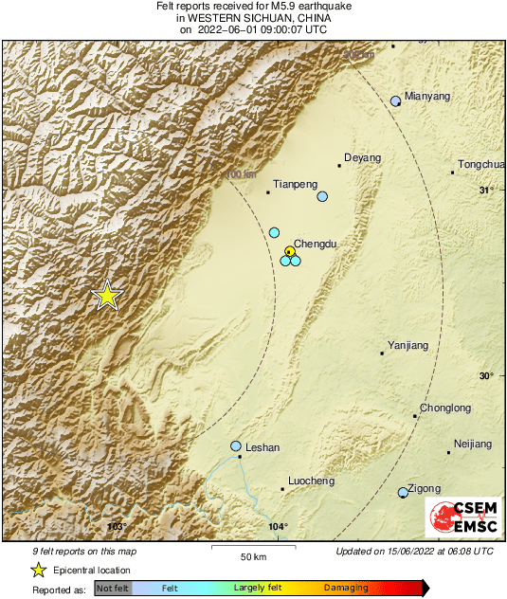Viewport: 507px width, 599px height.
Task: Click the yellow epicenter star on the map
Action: point(108,296)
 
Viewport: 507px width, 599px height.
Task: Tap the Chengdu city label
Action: point(316,244)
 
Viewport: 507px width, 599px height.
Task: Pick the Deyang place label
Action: point(362,157)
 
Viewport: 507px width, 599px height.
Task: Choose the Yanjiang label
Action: point(408,345)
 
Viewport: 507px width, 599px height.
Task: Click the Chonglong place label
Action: point(445,408)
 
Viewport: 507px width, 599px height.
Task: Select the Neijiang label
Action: point(473,444)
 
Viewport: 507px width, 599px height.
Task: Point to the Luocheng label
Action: point(311,481)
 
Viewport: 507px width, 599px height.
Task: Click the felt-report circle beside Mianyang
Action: point(396,101)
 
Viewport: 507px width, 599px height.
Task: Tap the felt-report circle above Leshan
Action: point(236,446)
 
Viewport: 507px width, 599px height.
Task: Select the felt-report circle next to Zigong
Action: point(403,492)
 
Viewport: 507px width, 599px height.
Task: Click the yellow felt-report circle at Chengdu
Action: point(290,251)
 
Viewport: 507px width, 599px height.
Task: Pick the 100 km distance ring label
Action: point(242,174)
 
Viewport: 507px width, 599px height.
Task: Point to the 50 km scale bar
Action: point(252,548)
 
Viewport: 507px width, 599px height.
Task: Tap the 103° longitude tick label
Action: point(117,527)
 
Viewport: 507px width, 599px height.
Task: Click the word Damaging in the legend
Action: point(346,588)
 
